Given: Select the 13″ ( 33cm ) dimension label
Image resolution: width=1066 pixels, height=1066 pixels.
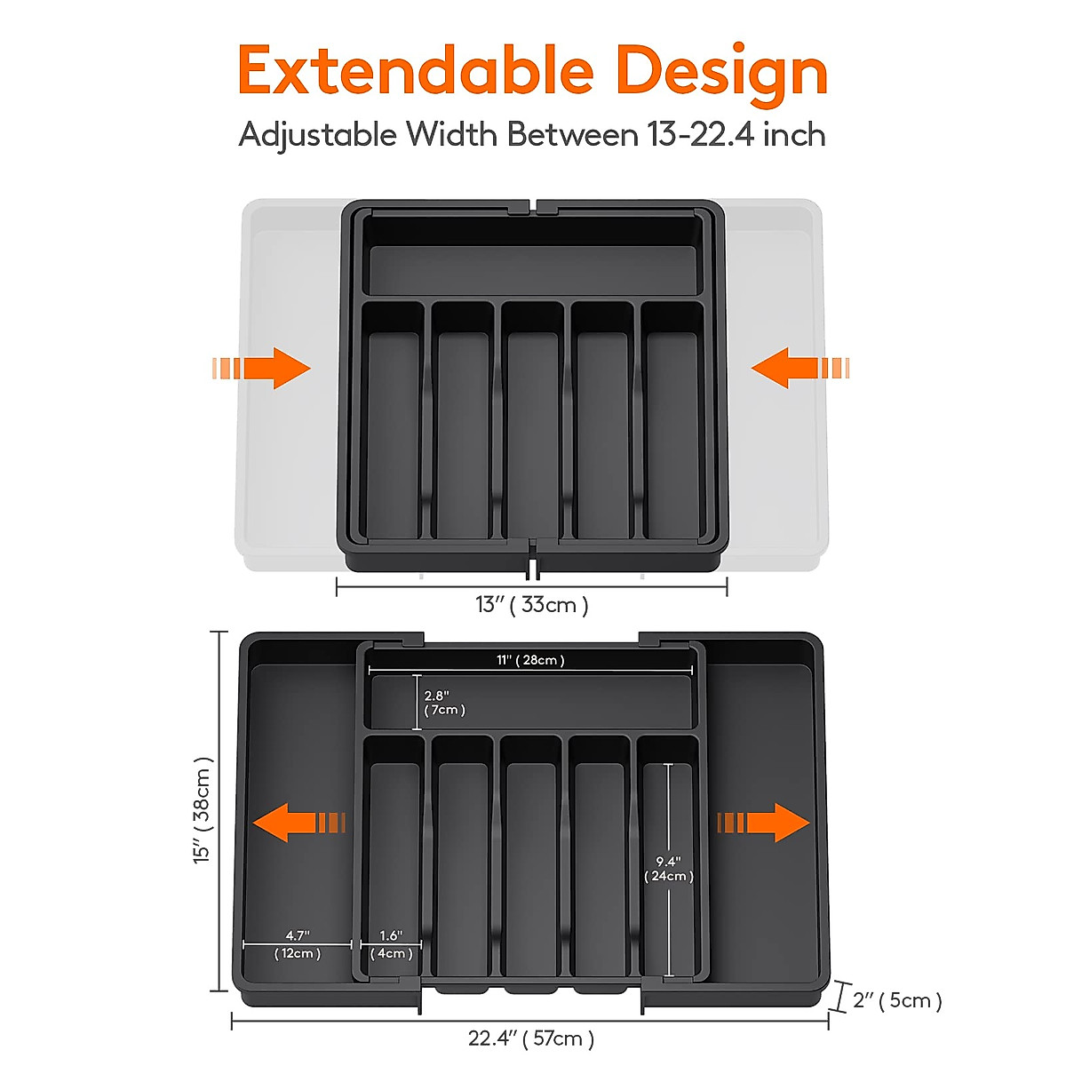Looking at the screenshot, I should point(531,605).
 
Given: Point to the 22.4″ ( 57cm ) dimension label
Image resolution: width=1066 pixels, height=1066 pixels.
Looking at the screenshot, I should point(531,1038).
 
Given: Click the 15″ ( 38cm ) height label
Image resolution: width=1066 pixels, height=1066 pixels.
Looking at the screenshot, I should point(203,810).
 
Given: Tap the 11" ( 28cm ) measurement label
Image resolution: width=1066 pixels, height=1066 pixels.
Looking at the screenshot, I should point(530,660).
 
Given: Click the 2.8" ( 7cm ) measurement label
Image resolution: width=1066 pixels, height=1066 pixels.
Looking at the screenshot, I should point(443,703).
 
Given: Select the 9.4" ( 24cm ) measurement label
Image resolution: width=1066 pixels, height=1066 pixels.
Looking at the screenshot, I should point(668,869).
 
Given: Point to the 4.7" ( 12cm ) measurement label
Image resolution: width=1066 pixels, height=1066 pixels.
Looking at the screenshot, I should point(297,944).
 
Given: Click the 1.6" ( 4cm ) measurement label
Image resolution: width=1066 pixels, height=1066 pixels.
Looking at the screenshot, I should point(391,944).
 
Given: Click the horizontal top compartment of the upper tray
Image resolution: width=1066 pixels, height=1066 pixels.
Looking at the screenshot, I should point(531,269).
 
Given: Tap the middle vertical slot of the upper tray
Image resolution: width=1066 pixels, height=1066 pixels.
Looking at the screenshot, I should point(531,426).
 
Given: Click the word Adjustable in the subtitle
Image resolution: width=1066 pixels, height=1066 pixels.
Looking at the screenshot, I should point(317,135).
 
